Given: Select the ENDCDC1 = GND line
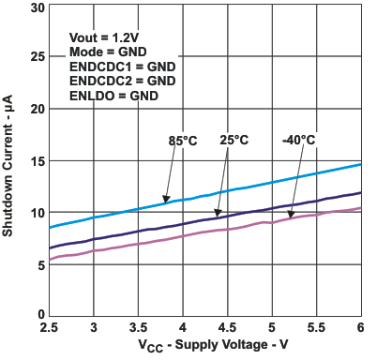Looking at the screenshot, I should point(122,67).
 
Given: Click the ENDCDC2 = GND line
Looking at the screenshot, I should point(122,81).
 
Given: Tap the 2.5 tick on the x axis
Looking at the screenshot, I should point(50,327).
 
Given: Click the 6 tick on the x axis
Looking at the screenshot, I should point(361,327).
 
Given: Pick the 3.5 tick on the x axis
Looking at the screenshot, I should point(139,327).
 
